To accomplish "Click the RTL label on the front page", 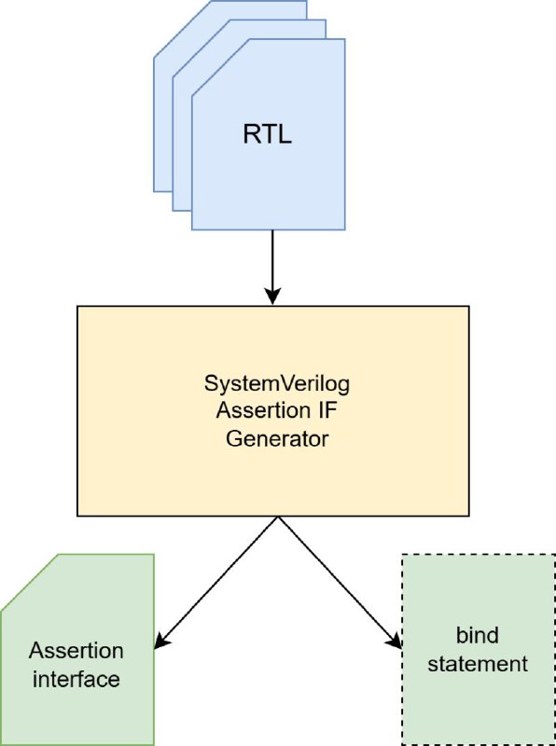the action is [x=267, y=135].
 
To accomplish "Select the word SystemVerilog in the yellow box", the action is [x=276, y=384].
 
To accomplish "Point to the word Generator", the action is [x=277, y=438].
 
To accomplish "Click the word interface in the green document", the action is [x=76, y=679].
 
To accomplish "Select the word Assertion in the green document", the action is [x=76, y=651].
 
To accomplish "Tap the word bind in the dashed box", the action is [x=478, y=635].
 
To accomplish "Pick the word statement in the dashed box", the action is [x=478, y=664].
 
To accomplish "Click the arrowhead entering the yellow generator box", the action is [x=272, y=296].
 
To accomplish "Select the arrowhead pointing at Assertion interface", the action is [x=160, y=642].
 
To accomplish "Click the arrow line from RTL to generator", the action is [x=272, y=268].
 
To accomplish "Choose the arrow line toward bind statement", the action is [x=341, y=582].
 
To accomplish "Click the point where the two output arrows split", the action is [x=278, y=518].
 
